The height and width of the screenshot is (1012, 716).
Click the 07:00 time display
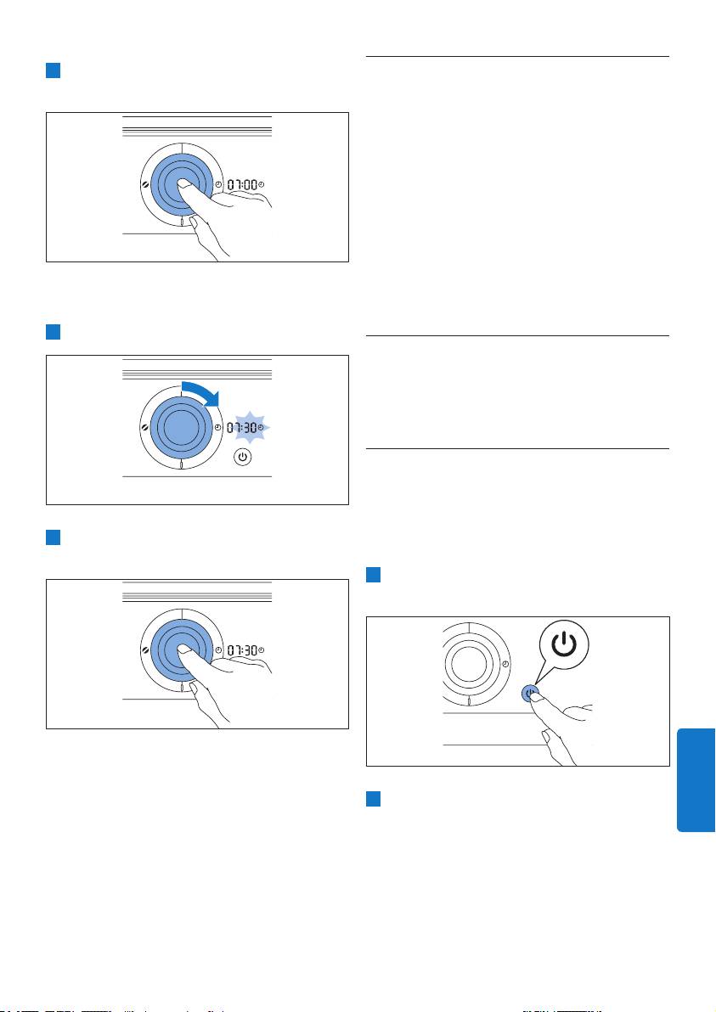242,184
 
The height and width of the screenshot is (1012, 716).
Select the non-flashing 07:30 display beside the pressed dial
242,650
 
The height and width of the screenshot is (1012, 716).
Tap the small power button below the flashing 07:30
242,458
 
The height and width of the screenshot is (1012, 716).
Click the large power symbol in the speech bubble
564,644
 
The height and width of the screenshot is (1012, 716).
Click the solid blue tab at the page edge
696,780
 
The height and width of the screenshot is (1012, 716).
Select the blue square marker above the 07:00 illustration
53,70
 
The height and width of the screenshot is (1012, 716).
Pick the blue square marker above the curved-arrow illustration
53,332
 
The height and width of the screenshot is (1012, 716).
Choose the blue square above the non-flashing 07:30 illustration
53,537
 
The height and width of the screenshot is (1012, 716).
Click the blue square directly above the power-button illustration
373,575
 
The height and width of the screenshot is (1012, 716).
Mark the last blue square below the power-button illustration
373,799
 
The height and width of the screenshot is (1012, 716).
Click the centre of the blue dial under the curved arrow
182,427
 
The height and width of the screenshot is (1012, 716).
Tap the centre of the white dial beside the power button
470,664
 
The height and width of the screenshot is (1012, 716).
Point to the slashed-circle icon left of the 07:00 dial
145,184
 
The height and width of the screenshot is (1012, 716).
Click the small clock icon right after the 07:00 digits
262,184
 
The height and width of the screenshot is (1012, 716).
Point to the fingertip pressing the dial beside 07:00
183,184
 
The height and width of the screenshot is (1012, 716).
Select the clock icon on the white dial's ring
505,664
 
